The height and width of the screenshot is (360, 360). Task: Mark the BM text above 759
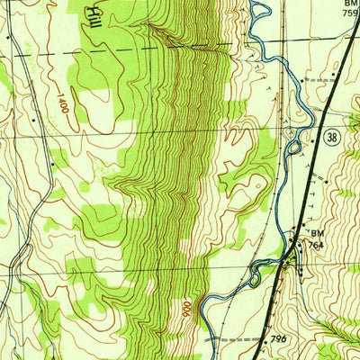click(x=350, y=4)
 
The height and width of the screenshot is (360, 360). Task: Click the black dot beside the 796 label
click(x=267, y=341)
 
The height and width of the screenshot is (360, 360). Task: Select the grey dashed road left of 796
click(x=236, y=340)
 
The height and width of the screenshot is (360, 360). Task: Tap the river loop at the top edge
click(x=260, y=11)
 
